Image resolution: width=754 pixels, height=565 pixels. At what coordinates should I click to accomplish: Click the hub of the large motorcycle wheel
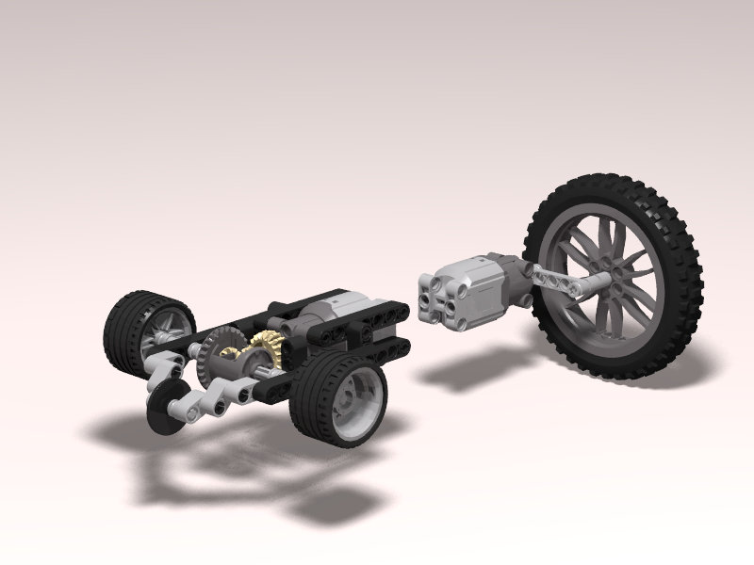tap(614, 274)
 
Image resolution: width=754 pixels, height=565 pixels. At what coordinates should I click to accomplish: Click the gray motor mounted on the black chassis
tap(325, 310)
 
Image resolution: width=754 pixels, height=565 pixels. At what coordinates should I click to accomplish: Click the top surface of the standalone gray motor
tap(467, 267)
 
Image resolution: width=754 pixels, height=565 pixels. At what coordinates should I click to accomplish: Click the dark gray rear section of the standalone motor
tap(509, 278)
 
